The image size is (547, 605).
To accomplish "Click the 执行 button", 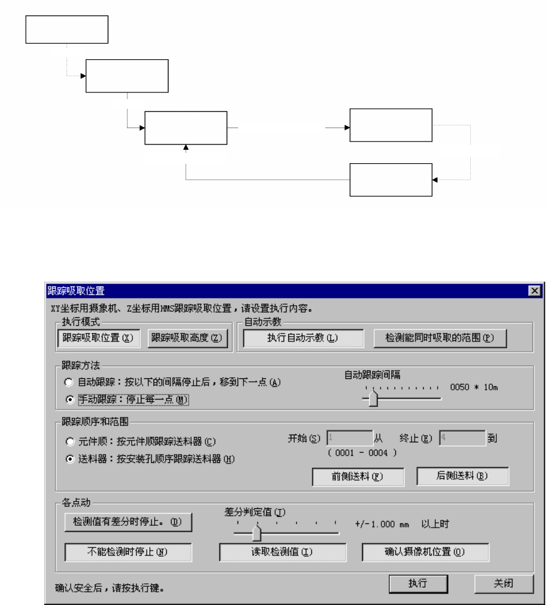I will point(418,583).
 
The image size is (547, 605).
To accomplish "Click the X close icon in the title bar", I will point(534,291).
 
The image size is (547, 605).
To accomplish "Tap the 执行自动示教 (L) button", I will point(303,338).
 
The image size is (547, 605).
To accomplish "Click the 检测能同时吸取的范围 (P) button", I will point(439,338).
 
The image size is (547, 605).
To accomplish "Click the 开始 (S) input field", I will point(349,438).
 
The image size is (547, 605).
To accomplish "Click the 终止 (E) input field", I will point(462,438).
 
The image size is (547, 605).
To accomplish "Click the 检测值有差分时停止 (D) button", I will point(128,522).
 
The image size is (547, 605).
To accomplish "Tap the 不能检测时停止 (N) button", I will point(128,551).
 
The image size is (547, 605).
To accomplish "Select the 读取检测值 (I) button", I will point(282,551).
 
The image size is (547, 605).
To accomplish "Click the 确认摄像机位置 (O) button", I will point(425,551).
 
